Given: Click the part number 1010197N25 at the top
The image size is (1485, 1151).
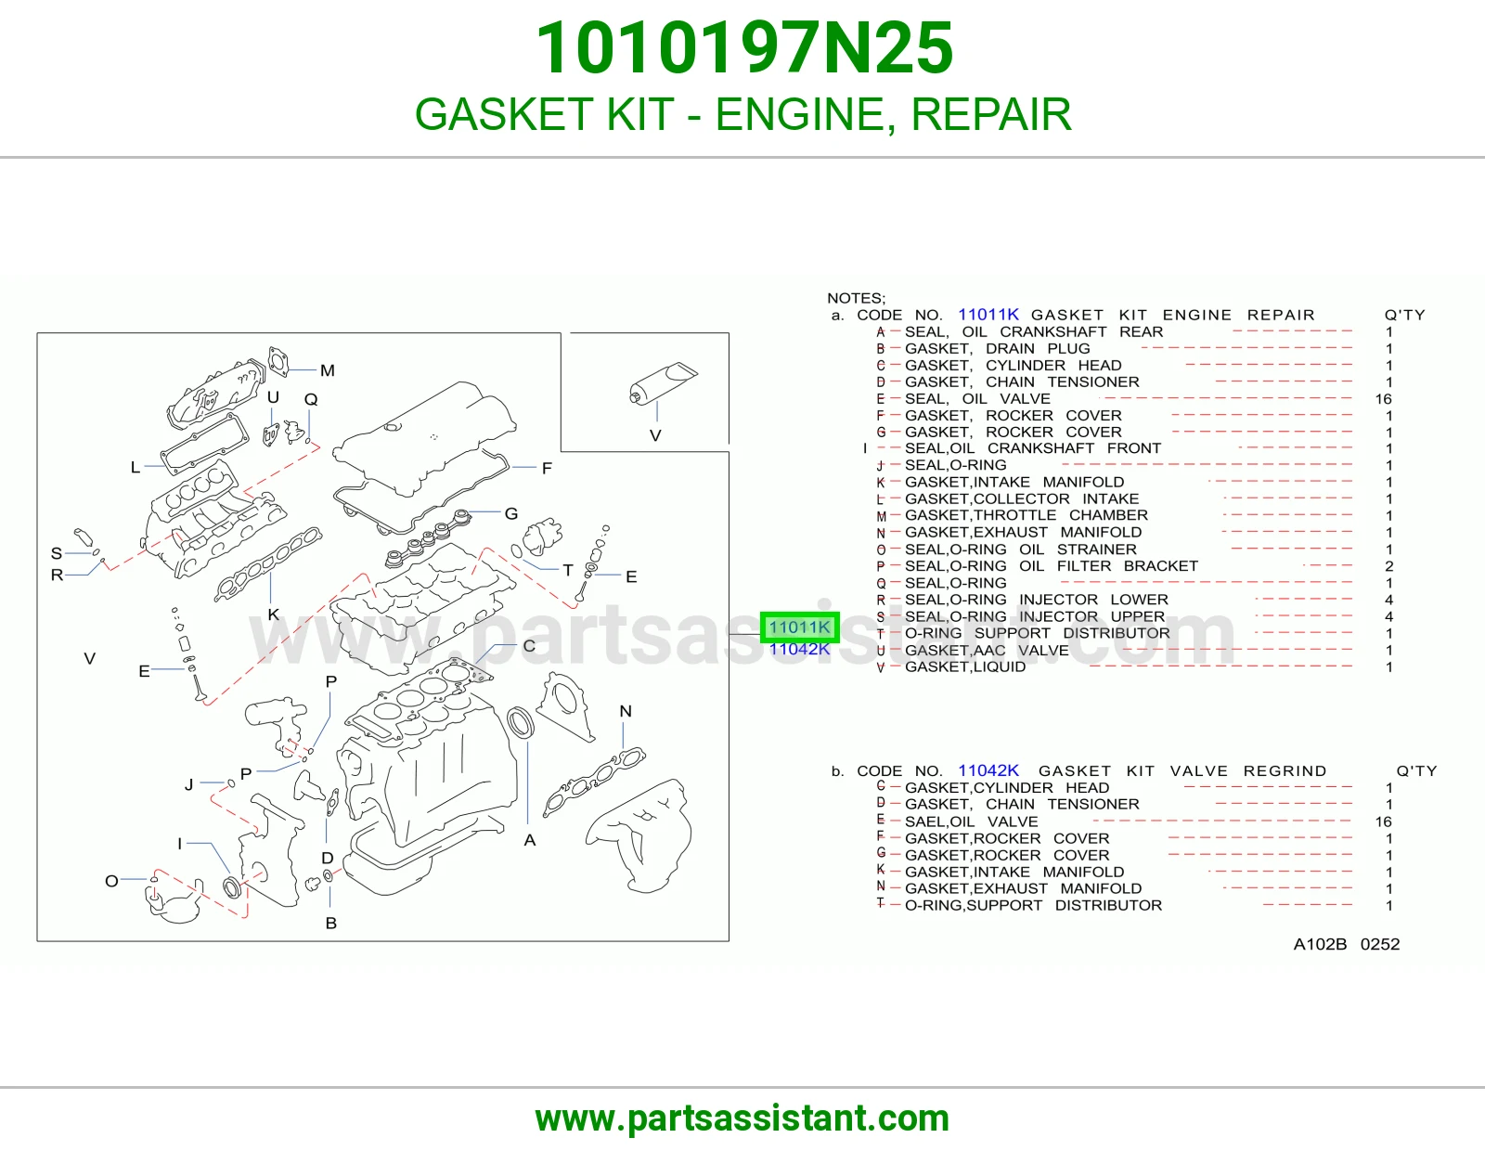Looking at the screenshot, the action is point(744,48).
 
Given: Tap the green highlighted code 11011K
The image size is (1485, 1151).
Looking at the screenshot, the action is point(799,627).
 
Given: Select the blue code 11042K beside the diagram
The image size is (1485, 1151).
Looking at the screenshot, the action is point(799,650).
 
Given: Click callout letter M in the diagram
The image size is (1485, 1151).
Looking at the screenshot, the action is point(328,370).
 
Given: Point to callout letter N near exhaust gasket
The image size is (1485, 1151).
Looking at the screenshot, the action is point(626,711).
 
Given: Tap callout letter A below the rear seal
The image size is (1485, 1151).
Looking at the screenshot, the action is point(530,841).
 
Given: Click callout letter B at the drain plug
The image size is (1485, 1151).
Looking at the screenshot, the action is point(330,924).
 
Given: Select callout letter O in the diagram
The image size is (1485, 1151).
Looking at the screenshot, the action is point(112,881).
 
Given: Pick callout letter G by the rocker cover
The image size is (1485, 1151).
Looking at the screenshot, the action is point(511,513).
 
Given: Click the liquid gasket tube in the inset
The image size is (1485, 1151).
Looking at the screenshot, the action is point(663,382).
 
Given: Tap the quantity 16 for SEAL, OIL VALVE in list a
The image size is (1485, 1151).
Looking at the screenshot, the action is point(1384,399).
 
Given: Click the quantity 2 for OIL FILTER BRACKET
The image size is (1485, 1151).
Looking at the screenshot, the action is point(1389,566).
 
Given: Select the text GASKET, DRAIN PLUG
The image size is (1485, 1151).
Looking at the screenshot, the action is point(997,349).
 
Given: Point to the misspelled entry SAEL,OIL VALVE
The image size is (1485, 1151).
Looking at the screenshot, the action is point(971,821).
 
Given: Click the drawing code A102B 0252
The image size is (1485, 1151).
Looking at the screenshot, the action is point(1347,945).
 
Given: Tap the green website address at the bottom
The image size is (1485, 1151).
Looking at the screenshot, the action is point(742,1119).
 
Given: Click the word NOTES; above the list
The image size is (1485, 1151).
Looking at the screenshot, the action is point(857,298).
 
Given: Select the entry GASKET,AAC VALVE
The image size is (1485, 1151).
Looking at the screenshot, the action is point(986,651).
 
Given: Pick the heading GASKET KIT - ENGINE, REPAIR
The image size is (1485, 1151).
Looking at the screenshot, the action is point(742,114).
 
